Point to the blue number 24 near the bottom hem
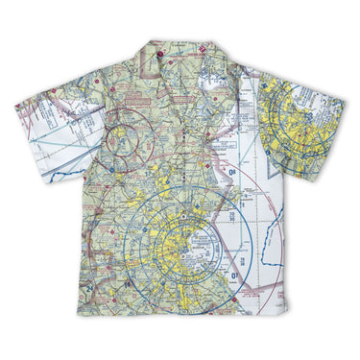click(x=91, y=287)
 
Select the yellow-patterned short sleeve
click(x=302, y=125)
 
